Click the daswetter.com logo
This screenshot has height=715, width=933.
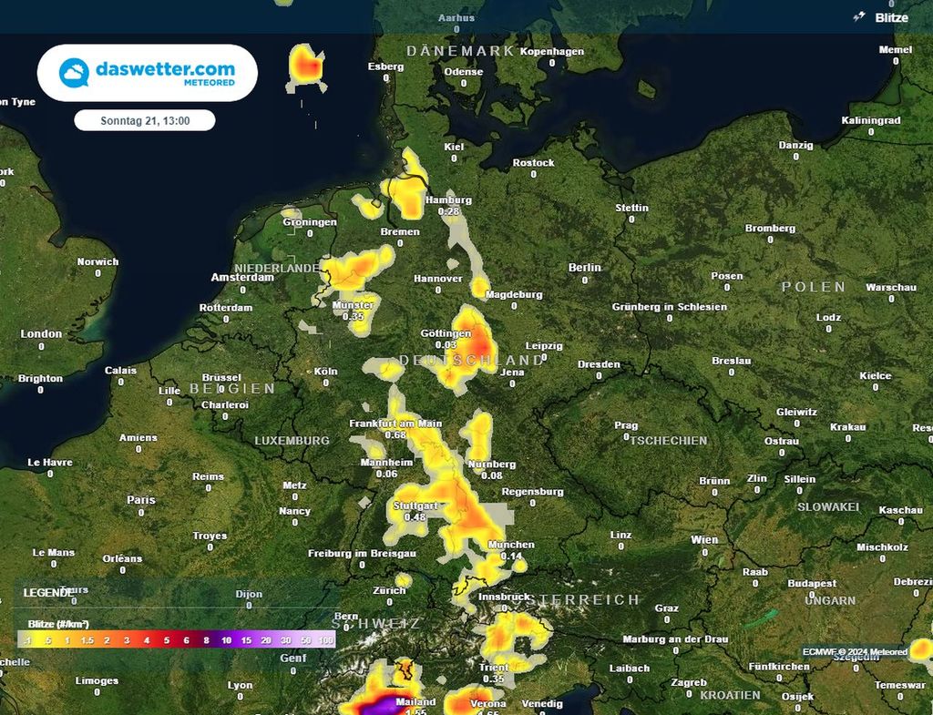(x=148, y=73)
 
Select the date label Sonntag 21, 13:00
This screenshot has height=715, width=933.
(x=144, y=120)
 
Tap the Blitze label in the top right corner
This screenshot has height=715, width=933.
(x=891, y=17)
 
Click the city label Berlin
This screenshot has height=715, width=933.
(x=584, y=268)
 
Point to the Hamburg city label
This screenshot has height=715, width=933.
(x=448, y=200)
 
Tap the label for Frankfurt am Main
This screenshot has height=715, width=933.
(x=395, y=424)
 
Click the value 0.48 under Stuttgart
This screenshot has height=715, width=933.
(x=415, y=517)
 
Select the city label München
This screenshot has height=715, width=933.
(x=511, y=545)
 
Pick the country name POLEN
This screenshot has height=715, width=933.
(x=814, y=287)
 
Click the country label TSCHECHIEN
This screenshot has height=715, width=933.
(x=669, y=441)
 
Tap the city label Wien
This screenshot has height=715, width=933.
(x=704, y=540)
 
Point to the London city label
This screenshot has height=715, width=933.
(x=41, y=334)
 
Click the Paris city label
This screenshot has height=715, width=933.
(x=141, y=500)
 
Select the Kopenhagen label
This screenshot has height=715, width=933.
(x=552, y=52)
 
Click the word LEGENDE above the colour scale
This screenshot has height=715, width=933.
(x=47, y=593)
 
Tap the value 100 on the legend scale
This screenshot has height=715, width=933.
(x=325, y=641)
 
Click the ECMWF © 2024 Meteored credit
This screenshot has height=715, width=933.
(x=855, y=652)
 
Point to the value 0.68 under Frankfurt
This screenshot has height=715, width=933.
(x=395, y=434)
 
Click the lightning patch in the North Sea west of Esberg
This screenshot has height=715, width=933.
(x=307, y=66)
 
